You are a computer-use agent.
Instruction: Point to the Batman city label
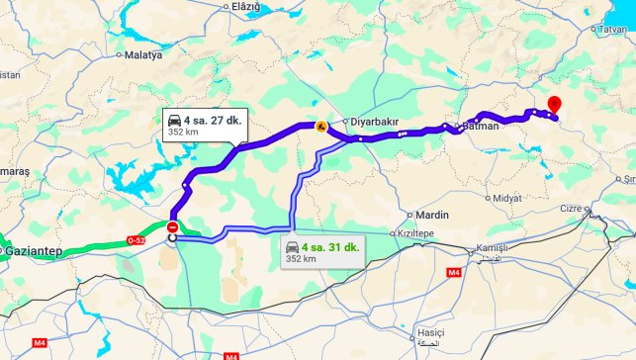[482, 127]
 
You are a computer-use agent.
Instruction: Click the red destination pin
[554, 105]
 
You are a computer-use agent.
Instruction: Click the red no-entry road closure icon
[173, 226]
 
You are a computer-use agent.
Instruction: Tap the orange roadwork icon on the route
[319, 126]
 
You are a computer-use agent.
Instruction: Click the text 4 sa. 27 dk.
[212, 120]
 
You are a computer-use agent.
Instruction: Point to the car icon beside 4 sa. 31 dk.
[293, 246]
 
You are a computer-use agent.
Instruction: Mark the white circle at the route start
[173, 237]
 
